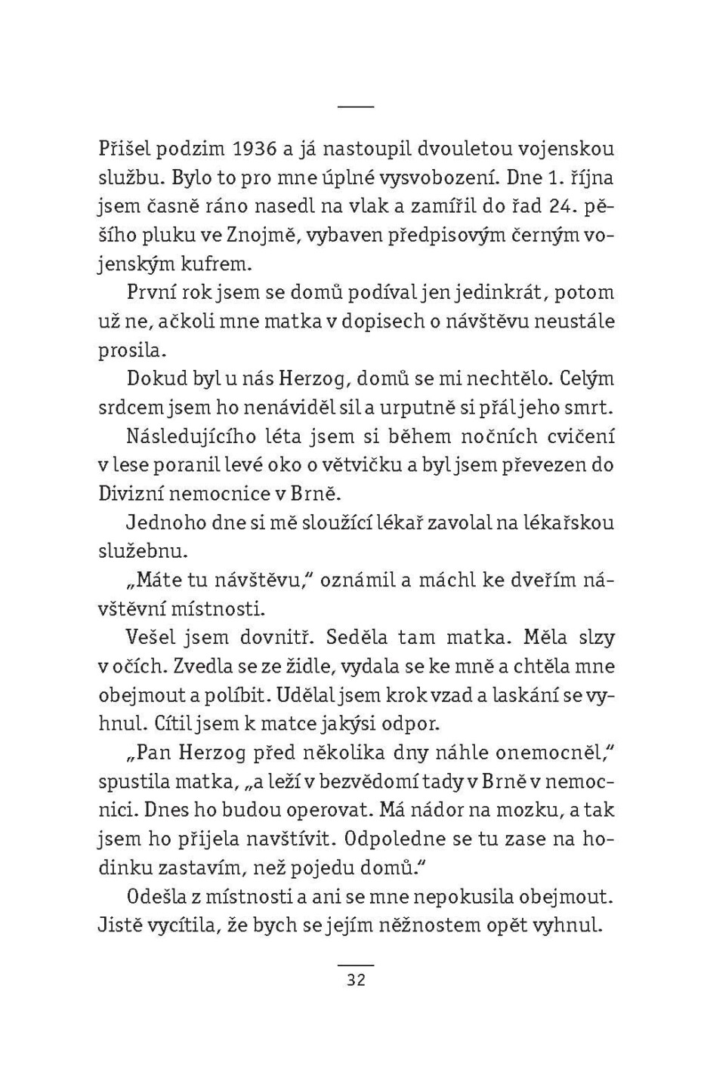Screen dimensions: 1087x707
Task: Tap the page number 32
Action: tap(356, 981)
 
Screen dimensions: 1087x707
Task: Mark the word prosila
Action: tap(129, 350)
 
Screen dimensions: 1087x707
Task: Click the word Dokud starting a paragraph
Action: tap(154, 379)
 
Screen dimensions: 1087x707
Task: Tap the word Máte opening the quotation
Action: tap(156, 580)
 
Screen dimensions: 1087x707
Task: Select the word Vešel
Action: tap(150, 637)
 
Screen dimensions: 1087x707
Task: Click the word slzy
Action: tap(596, 637)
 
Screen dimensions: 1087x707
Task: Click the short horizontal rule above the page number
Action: tap(356, 965)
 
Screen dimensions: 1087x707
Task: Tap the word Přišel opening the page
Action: tap(126, 149)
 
